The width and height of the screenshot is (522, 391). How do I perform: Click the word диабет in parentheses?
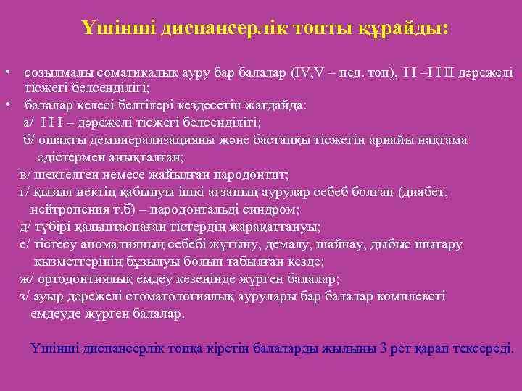[423, 193]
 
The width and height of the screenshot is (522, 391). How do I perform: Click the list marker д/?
[25, 227]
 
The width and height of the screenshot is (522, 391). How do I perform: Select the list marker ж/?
[25, 279]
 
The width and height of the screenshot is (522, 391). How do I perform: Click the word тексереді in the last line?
[483, 348]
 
